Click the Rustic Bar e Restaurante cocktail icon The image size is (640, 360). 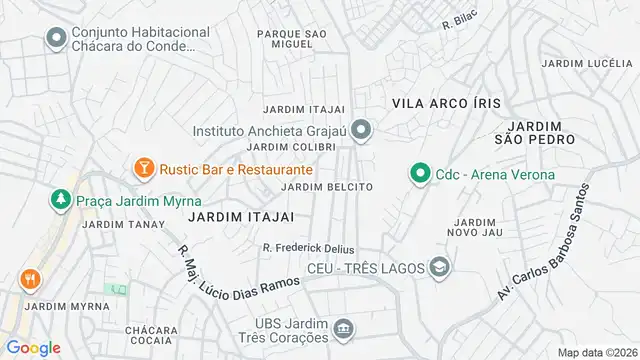click(x=143, y=168)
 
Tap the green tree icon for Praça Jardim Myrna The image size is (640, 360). click(x=62, y=200)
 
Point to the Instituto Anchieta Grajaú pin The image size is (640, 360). click(x=363, y=130)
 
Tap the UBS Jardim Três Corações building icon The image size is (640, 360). click(x=343, y=329)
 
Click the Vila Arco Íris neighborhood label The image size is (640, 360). click(x=446, y=103)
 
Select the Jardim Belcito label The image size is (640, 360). click(x=327, y=187)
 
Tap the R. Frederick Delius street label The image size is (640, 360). click(x=308, y=248)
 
